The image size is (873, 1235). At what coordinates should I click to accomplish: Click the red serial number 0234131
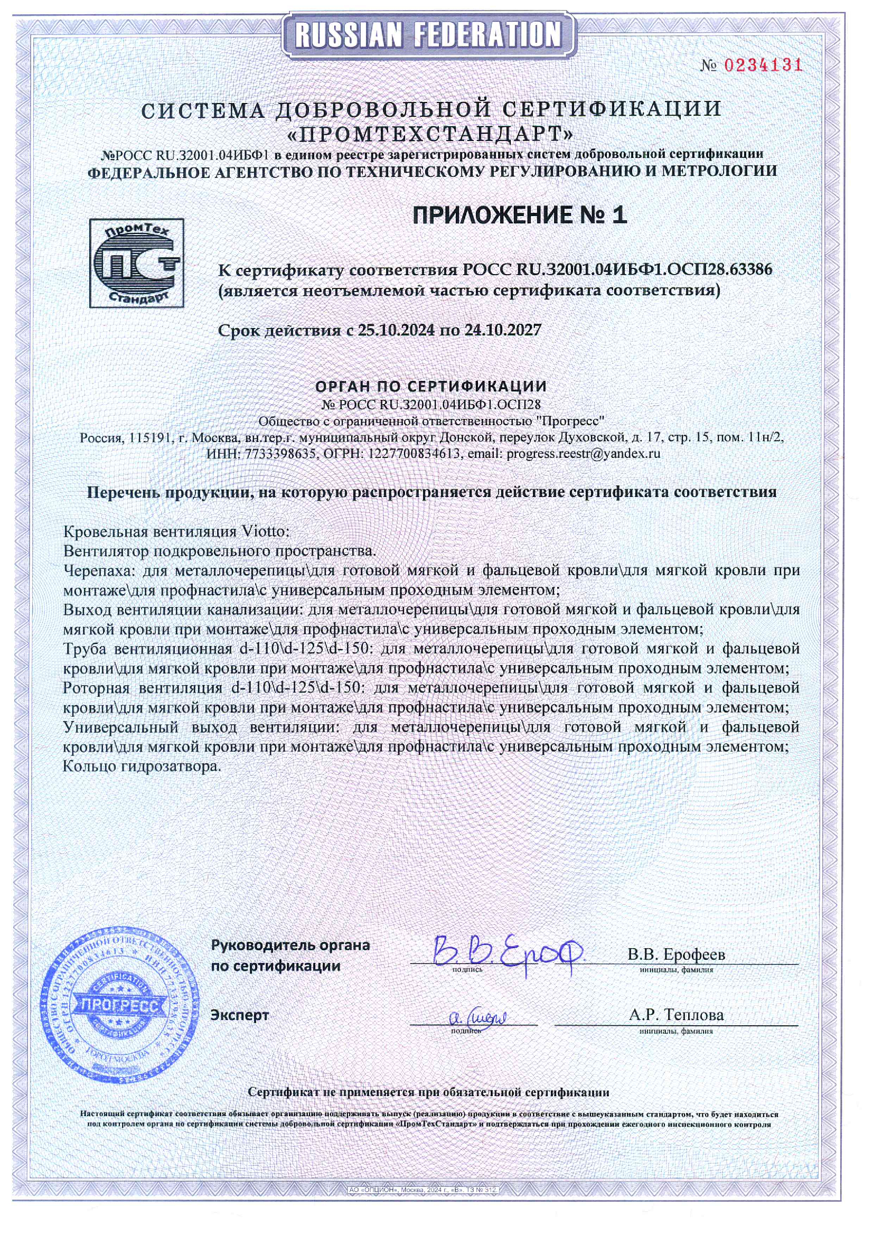763,66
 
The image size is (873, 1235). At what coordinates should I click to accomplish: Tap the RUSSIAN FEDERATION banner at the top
429,36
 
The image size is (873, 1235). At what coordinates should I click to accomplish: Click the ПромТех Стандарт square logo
137,263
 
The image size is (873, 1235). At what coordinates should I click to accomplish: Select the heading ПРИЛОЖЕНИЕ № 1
520,215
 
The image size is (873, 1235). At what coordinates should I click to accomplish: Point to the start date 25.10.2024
396,330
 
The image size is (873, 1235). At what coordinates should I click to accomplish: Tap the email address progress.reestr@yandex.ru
583,453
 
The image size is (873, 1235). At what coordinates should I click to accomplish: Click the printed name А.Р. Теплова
676,1015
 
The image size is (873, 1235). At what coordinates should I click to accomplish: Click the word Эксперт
239,1015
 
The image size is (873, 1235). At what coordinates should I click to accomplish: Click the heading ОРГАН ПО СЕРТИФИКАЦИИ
431,386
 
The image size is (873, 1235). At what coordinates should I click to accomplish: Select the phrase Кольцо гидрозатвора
142,766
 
